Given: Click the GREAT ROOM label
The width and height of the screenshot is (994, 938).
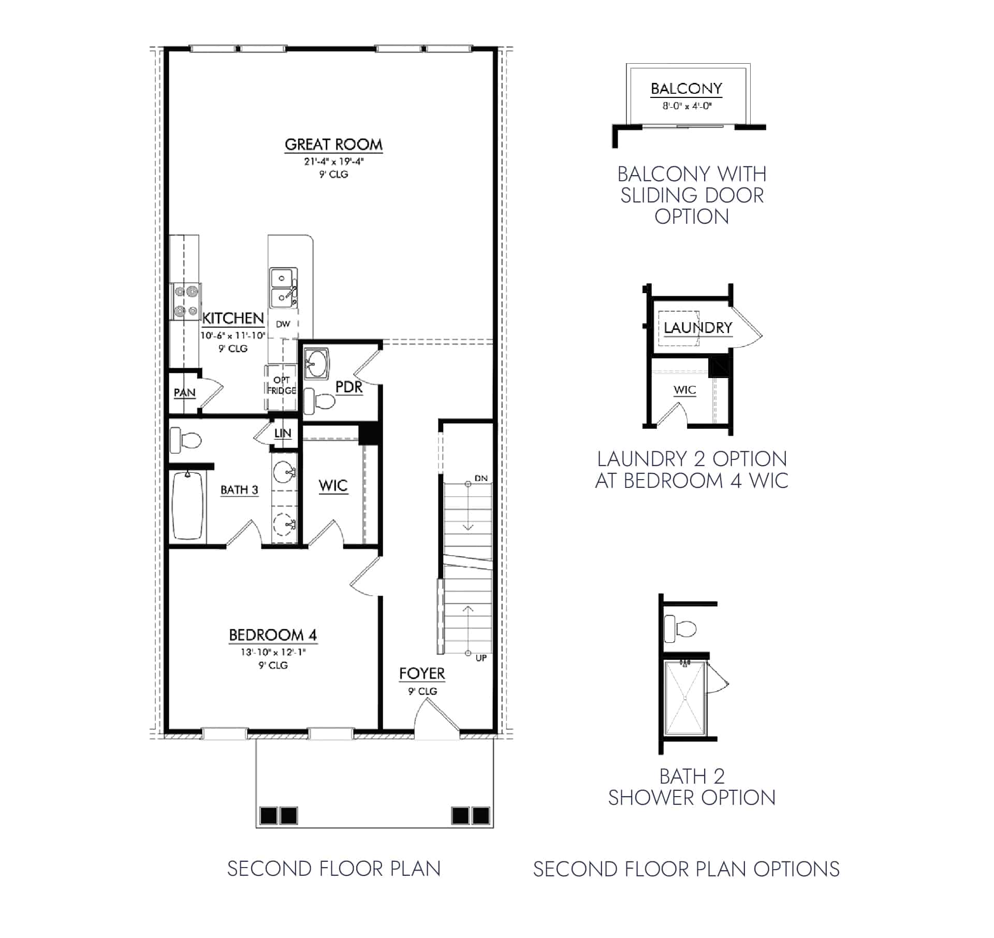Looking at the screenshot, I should tap(333, 145).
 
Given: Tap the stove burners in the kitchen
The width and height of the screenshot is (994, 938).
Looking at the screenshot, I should tap(186, 301).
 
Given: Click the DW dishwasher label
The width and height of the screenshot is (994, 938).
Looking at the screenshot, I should tap(283, 324).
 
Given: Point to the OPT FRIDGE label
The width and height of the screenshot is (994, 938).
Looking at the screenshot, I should tap(282, 385).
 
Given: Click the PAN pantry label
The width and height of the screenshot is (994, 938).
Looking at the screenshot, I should tap(184, 393).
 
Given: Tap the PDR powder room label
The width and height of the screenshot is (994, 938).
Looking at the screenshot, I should tap(348, 386).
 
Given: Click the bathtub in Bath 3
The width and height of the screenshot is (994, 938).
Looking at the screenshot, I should tap(187, 506).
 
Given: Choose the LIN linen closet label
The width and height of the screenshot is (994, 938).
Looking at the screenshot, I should tap(283, 433).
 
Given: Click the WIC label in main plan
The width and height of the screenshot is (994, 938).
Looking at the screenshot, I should tap(333, 485).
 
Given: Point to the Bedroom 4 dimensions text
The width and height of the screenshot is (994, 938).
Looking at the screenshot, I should tap(273, 652).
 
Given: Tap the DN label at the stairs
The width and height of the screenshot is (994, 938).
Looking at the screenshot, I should tap(481, 478).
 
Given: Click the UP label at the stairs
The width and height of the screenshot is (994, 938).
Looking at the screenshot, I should tap(481, 658).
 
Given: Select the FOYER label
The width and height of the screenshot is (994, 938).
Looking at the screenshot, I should tap(422, 673).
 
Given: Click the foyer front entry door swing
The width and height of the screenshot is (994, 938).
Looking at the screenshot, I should tap(436, 716).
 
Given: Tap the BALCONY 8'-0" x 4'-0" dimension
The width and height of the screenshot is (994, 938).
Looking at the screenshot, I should tap(687, 106).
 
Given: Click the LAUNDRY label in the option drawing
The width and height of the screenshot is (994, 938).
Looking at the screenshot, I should tap(698, 328).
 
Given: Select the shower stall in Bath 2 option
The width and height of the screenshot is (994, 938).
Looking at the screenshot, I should tap(684, 698).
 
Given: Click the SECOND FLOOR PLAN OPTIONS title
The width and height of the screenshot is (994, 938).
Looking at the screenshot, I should tap(686, 869).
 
